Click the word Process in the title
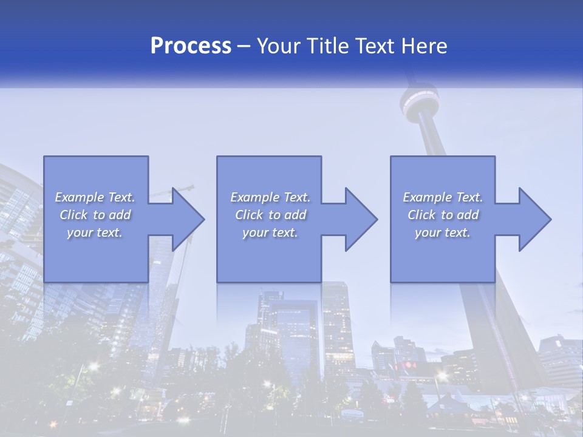pyautogui.click(x=191, y=46)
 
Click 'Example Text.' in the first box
pyautogui.click(x=95, y=197)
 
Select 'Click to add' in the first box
pyautogui.click(x=95, y=215)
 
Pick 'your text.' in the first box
pyautogui.click(x=95, y=232)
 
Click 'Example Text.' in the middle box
pyautogui.click(x=270, y=197)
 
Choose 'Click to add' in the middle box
pyautogui.click(x=270, y=215)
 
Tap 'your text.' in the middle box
pyautogui.click(x=270, y=232)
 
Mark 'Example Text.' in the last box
pyautogui.click(x=443, y=197)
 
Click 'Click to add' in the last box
pyautogui.click(x=443, y=215)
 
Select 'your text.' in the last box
pyautogui.click(x=443, y=232)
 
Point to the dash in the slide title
pyautogui.click(x=244, y=47)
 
